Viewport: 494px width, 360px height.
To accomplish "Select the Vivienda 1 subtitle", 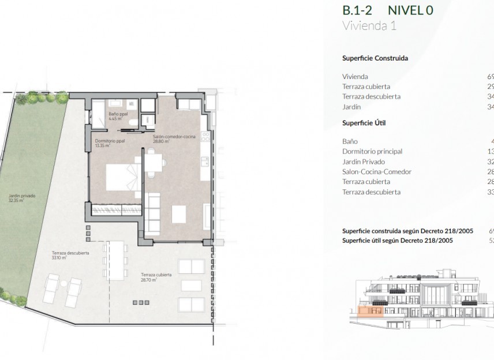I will [x=369, y=25].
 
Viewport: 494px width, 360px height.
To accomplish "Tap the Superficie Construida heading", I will [x=375, y=58].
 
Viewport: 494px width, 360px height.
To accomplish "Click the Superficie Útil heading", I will [x=364, y=123].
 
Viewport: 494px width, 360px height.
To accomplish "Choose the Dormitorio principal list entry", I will [x=372, y=151].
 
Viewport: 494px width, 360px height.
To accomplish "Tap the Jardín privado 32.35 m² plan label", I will [x=21, y=197].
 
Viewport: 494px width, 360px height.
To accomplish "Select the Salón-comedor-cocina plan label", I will [x=174, y=138].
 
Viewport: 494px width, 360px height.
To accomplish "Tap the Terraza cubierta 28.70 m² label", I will [x=156, y=276].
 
